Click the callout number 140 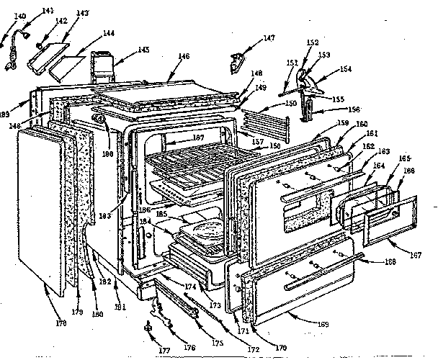pos(19,15)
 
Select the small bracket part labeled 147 pos(236,64)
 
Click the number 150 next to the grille pos(290,104)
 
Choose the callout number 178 pos(61,323)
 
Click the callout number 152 pos(311,43)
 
